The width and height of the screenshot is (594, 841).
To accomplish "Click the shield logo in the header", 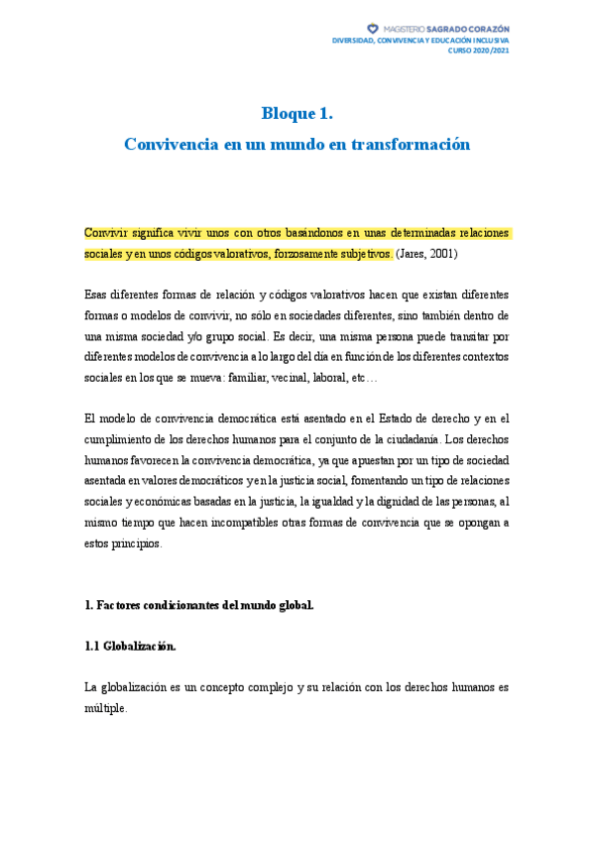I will tap(372, 29).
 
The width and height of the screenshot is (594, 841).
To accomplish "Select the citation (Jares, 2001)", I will tap(426, 253).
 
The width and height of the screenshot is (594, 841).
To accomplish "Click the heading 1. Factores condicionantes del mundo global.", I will tap(198, 605).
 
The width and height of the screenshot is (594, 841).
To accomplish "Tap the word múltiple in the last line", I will tap(106, 708).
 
